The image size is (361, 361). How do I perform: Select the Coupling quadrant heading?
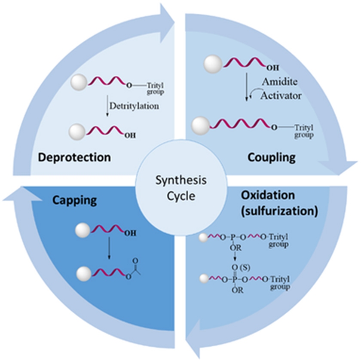click(x=272, y=158)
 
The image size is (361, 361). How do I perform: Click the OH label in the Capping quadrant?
click(x=129, y=234)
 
